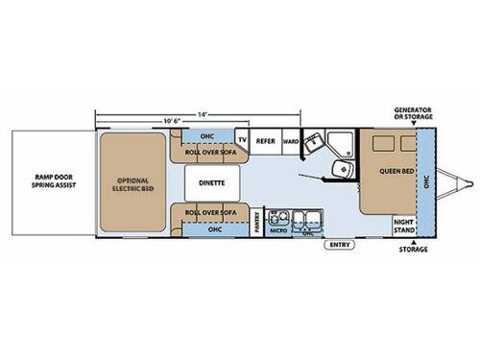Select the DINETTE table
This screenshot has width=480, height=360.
click(x=211, y=180)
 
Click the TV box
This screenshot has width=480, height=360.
click(x=243, y=139)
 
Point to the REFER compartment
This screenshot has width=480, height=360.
click(x=266, y=140)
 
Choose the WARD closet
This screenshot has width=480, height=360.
click(x=290, y=140)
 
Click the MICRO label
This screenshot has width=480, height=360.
click(x=279, y=230)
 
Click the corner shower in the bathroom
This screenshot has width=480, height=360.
click(x=335, y=141)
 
